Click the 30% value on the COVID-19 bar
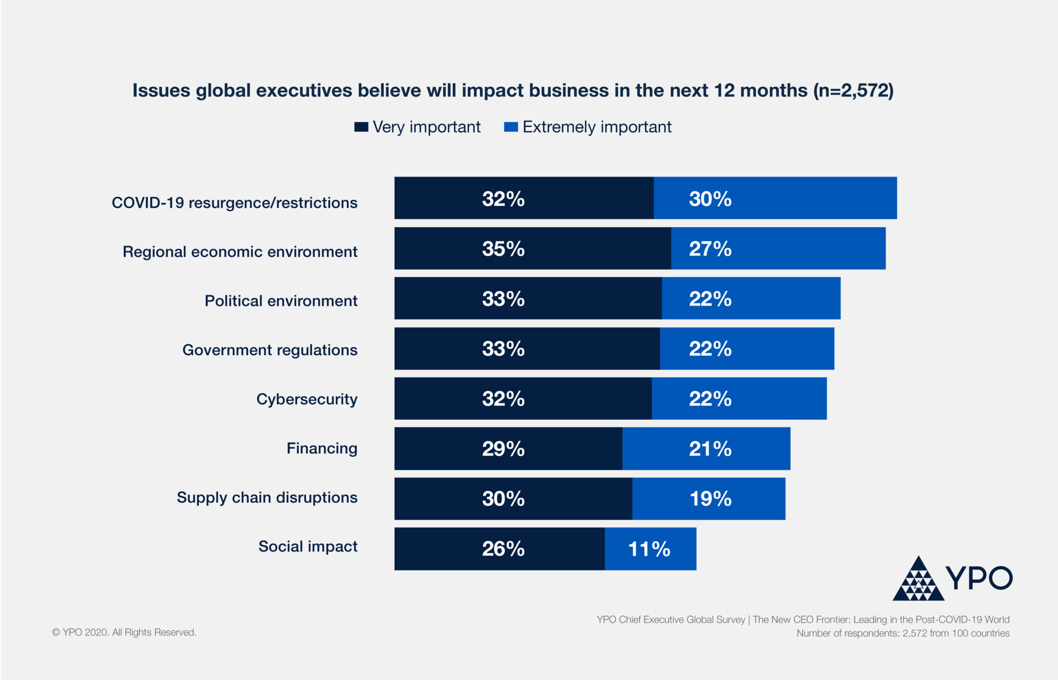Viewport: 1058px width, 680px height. click(x=710, y=199)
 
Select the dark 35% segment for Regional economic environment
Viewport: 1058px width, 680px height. click(x=532, y=248)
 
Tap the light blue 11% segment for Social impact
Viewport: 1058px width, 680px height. click(x=650, y=549)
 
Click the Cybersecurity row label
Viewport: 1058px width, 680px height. click(x=307, y=399)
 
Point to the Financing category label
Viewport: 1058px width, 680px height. click(x=322, y=448)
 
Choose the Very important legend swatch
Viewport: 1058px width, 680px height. click(x=361, y=127)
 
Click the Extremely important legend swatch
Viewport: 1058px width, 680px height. click(x=510, y=127)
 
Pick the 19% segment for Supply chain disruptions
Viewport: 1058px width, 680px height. click(x=709, y=499)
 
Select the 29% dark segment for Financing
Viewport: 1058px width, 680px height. click(x=508, y=449)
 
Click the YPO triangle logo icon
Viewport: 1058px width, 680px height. click(x=918, y=580)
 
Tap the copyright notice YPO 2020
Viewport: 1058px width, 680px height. click(x=124, y=632)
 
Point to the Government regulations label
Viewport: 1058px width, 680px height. click(x=270, y=350)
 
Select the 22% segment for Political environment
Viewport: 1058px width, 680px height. click(x=751, y=298)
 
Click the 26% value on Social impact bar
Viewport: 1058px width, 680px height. click(x=503, y=549)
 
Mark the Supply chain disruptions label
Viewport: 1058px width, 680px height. click(x=267, y=498)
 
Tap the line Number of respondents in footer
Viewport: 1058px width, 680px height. click(x=903, y=634)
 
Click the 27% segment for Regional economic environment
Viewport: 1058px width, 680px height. click(x=778, y=248)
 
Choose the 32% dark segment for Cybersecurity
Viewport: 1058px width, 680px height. click(x=522, y=399)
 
